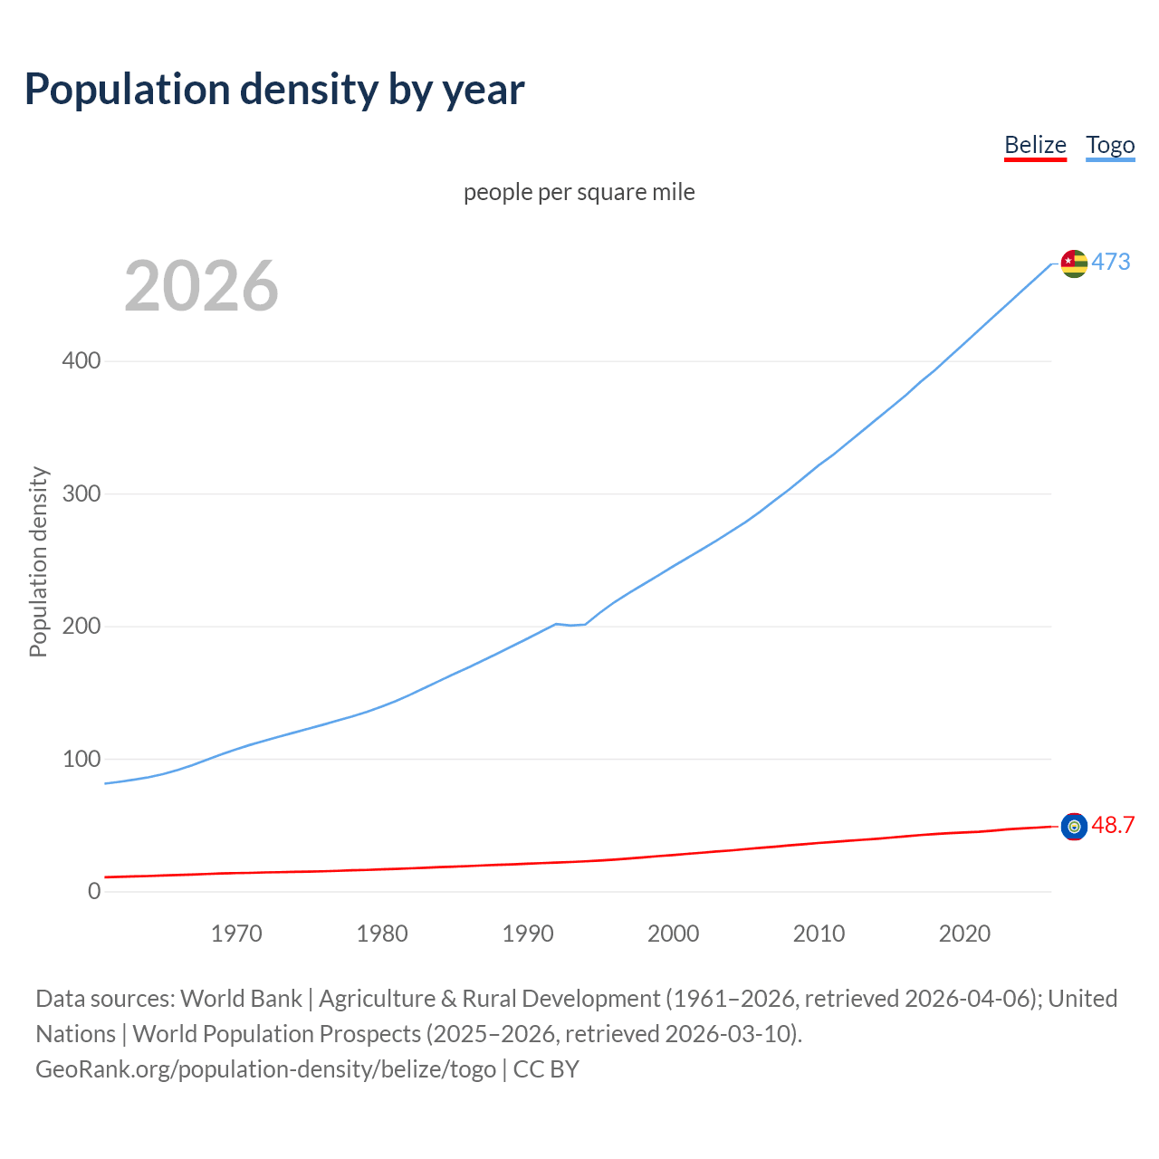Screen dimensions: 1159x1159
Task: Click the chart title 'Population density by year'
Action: click(274, 89)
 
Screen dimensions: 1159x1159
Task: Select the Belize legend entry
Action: click(1035, 145)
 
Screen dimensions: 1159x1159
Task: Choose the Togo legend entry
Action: click(1110, 145)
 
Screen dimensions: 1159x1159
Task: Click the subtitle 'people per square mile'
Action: click(579, 192)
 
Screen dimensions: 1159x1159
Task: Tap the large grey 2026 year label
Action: click(201, 286)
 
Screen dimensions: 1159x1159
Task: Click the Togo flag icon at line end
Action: click(1074, 263)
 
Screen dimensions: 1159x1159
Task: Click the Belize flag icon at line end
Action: click(1074, 826)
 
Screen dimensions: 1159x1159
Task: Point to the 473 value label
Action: click(1111, 262)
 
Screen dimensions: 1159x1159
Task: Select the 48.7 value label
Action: click(1113, 825)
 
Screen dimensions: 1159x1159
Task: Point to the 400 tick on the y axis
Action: click(81, 360)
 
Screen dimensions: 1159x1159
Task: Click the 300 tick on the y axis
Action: click(81, 493)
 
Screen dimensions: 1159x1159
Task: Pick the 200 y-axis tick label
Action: click(81, 626)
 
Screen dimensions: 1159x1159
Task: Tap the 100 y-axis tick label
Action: click(81, 759)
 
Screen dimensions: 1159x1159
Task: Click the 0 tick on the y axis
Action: click(94, 891)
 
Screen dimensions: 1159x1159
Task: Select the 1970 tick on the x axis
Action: click(236, 934)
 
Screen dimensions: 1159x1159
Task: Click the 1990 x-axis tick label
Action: click(528, 934)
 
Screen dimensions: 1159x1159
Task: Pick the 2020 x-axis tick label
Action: click(964, 934)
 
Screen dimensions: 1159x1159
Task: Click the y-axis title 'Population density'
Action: click(38, 561)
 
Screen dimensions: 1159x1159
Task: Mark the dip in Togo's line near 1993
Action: click(571, 625)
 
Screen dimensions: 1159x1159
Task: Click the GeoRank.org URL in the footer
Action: click(265, 1069)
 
